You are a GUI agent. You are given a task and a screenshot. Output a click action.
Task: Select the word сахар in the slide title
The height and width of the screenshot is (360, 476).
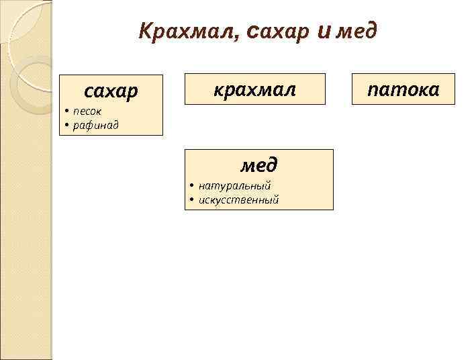278,31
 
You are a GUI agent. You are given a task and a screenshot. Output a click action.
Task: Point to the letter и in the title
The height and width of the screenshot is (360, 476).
323,31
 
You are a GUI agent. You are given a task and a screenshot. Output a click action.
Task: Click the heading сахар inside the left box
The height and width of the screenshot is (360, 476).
110,90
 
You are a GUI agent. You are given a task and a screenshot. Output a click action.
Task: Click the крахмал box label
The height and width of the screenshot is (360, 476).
254,89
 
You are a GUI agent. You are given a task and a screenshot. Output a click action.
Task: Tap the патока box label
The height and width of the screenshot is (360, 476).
404,89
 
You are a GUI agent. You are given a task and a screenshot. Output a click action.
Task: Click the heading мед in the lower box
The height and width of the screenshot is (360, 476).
259,165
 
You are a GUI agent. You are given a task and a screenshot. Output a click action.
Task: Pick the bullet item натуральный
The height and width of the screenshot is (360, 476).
234,185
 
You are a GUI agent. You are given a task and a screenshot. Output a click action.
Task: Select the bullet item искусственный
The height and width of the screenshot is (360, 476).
238,199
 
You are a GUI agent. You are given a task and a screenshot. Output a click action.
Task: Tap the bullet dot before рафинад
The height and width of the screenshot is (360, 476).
67,124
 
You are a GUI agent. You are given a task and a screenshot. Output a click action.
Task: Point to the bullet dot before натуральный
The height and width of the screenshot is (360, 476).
191,185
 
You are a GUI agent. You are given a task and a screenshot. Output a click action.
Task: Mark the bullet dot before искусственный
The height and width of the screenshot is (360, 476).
191,199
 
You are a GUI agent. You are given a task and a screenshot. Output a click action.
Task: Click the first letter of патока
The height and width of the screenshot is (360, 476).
375,90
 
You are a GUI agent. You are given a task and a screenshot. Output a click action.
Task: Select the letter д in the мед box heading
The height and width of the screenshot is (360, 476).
272,165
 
